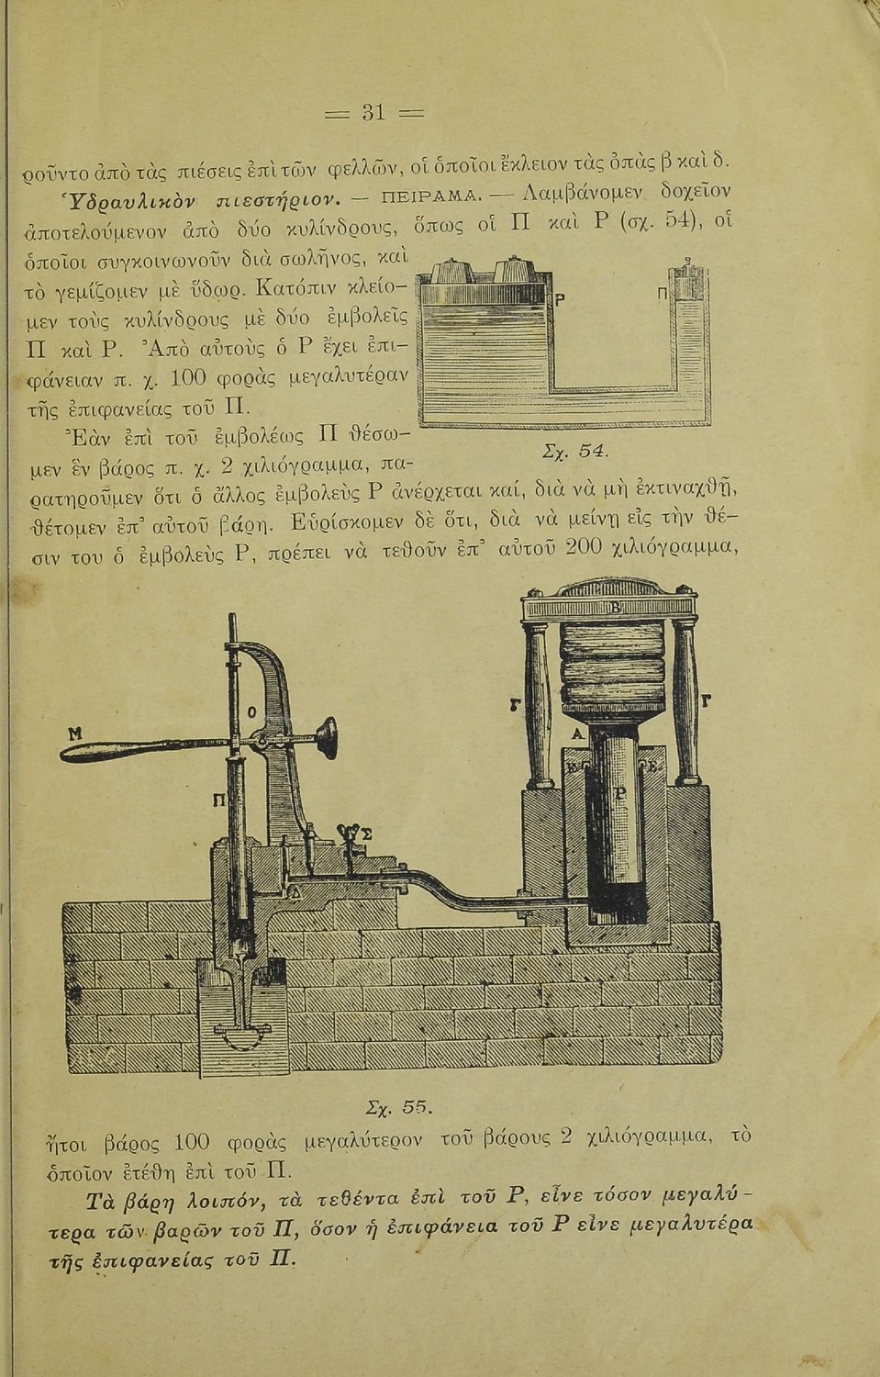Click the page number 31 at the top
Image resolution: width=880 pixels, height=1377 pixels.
coord(373,113)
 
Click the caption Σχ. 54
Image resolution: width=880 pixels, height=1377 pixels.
coord(575,452)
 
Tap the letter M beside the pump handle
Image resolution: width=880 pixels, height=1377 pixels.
coord(75,733)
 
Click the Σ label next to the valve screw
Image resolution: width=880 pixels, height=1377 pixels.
coord(367,834)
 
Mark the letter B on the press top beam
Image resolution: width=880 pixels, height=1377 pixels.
coord(616,609)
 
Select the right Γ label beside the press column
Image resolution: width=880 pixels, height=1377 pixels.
coord(706,700)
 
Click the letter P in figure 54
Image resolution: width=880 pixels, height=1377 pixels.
coord(560,299)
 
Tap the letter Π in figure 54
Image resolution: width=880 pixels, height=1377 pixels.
coord(663,294)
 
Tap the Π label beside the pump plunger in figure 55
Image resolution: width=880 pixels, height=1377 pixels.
coord(218,800)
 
